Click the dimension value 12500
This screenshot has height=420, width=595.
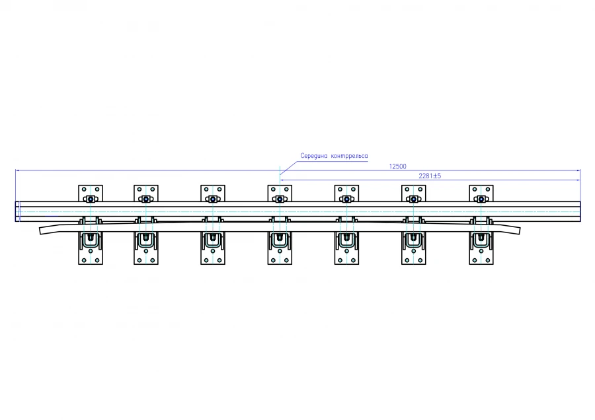tap(398, 166)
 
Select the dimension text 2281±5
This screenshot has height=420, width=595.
tap(430, 176)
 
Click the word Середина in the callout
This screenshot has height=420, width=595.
tap(314, 156)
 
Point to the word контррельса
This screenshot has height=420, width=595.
tap(349, 156)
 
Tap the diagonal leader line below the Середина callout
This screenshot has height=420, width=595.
tap(289, 168)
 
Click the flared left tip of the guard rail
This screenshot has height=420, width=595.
tap(40, 230)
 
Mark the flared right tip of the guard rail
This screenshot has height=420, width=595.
tap(519, 230)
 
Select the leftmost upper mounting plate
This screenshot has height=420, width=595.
tap(91, 193)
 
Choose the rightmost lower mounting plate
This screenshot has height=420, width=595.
tap(481, 248)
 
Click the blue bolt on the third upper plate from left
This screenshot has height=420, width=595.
tap(213, 199)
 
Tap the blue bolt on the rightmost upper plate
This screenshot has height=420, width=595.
tap(481, 199)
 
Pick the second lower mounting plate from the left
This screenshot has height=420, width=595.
tap(146, 248)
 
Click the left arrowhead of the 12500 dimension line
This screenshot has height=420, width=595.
tap(17, 170)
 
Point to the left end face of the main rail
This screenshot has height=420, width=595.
tap(17, 211)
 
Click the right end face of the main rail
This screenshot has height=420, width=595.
tap(580, 211)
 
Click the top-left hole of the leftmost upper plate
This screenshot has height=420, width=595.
tap(84, 189)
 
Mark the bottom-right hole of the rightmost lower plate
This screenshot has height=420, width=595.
tap(488, 260)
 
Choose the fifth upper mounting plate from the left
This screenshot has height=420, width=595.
tap(346, 193)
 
